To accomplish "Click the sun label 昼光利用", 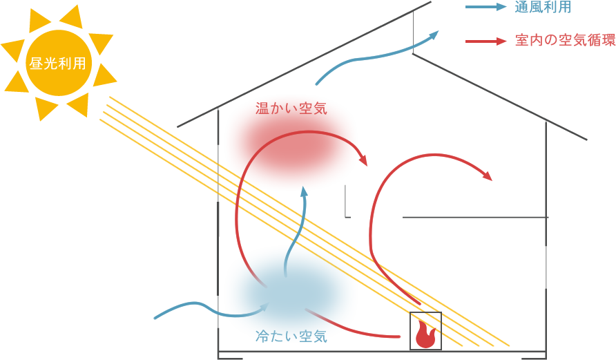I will (x=58, y=64).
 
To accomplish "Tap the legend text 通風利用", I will (x=543, y=8).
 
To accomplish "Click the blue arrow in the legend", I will (x=487, y=8).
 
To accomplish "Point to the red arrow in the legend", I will (x=487, y=41).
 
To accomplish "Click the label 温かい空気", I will (x=291, y=108).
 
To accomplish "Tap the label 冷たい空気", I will (x=291, y=337).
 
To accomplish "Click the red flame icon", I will (x=424, y=336).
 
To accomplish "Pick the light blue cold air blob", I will (x=291, y=290).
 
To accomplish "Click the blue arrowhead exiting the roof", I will (x=433, y=34).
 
